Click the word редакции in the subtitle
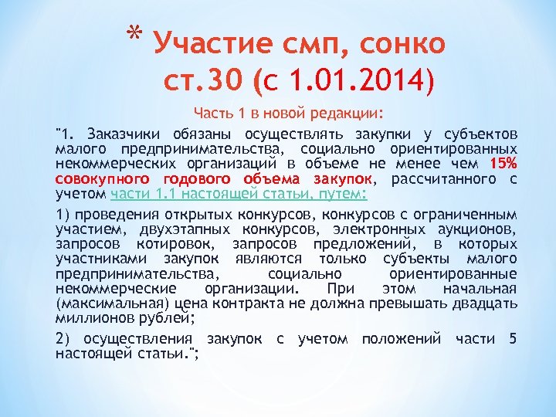point(344,114)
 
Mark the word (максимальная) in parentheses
point(114,303)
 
